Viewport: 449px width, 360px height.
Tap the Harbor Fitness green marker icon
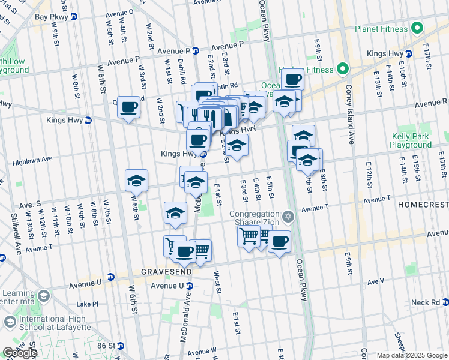(x=343, y=70)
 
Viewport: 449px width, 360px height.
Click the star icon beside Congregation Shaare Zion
(x=288, y=216)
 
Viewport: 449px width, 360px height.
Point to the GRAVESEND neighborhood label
(x=166, y=272)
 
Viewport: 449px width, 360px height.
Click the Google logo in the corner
(x=20, y=353)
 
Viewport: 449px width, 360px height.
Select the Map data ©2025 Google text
(x=412, y=355)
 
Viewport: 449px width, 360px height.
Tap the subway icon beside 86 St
(x=121, y=346)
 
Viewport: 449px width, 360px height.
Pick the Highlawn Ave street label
(x=33, y=160)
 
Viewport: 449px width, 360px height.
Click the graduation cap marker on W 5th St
(x=136, y=180)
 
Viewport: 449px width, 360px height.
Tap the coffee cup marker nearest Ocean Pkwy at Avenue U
(x=279, y=241)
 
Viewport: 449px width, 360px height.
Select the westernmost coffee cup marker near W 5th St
(x=128, y=107)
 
